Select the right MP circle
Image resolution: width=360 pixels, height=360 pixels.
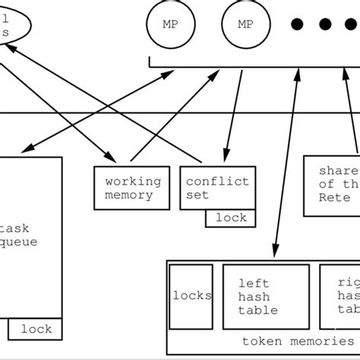pyautogui.click(x=245, y=24)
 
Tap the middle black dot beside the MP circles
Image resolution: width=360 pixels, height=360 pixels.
pyautogui.click(x=325, y=24)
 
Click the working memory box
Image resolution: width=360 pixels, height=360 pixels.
pyautogui.click(x=133, y=188)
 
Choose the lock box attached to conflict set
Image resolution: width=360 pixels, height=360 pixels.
pyautogui.click(x=231, y=218)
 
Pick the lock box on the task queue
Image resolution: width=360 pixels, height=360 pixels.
pyautogui.click(x=36, y=329)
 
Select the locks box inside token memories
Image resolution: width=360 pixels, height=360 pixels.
pyautogui.click(x=191, y=295)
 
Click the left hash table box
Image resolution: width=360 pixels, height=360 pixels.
pyautogui.click(x=266, y=296)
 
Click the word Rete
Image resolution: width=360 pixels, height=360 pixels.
pyautogui.click(x=334, y=197)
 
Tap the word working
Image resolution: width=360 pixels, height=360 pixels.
pyautogui.click(x=133, y=182)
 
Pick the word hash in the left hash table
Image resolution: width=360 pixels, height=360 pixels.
pyautogui.click(x=252, y=296)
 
